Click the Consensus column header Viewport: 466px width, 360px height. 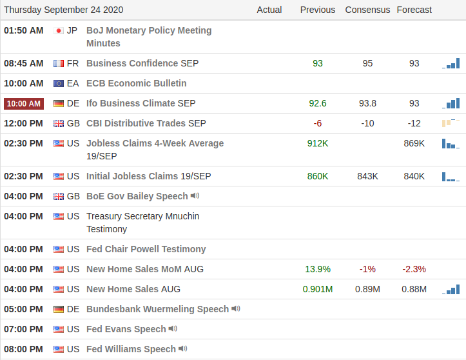click(x=367, y=10)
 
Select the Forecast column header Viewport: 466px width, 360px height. click(x=414, y=10)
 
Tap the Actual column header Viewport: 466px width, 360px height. click(x=269, y=10)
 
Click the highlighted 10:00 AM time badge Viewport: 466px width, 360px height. click(x=24, y=103)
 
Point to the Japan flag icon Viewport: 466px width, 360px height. click(x=59, y=30)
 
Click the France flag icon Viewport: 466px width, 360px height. click(x=59, y=63)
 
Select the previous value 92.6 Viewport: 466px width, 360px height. click(x=318, y=103)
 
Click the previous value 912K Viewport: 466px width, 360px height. click(x=318, y=143)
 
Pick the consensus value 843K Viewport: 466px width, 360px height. click(x=367, y=176)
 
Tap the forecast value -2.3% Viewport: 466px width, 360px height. click(x=414, y=269)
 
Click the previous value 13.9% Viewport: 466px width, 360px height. click(x=318, y=269)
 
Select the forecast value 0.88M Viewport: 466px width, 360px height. click(x=414, y=289)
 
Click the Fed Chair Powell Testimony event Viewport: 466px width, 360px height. click(x=146, y=249)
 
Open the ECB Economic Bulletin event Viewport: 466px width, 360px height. click(x=136, y=83)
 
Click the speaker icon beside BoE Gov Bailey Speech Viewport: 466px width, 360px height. click(x=195, y=195)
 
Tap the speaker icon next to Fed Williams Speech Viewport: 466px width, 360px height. click(x=183, y=349)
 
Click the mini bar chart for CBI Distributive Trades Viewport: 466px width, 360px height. click(x=451, y=123)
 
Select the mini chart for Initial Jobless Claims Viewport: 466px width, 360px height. click(x=451, y=176)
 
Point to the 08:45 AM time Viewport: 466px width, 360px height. click(x=24, y=63)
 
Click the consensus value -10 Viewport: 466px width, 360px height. click(x=367, y=123)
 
